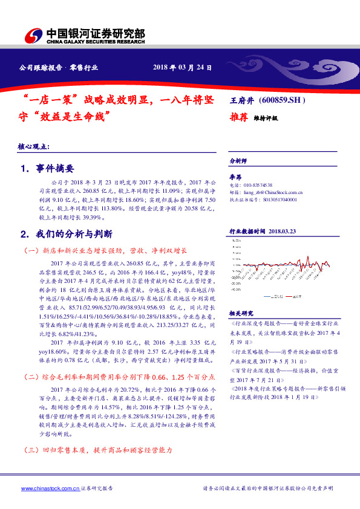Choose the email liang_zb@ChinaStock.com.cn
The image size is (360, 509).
pos(272,191)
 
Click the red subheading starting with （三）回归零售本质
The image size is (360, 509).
pos(97,451)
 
